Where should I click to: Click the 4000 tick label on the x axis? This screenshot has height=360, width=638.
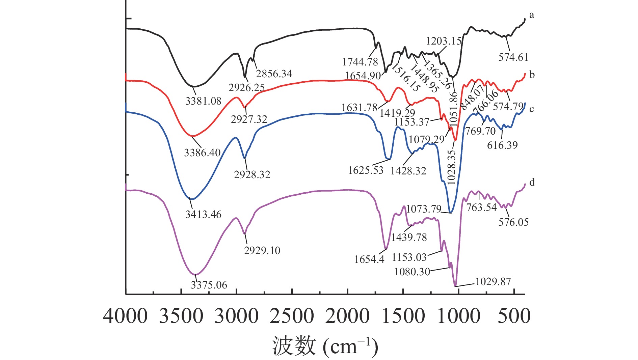tap(125, 316)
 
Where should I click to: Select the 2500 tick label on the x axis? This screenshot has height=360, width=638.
tap(292, 316)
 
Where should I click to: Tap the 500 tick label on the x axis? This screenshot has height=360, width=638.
tap(514, 316)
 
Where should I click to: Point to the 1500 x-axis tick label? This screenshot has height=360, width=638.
tap(403, 316)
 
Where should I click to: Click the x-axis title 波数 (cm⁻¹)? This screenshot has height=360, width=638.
tap(325, 346)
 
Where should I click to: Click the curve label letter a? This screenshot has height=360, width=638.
tap(532, 15)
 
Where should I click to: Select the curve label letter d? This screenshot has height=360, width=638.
tap(532, 183)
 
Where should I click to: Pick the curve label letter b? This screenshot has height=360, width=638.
tap(532, 75)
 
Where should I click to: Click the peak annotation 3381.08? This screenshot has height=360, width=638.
tap(203, 101)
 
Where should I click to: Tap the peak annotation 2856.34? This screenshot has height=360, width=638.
tap(274, 74)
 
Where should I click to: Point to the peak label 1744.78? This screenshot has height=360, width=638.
tap(360, 62)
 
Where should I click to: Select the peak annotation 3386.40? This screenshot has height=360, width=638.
tap(202, 153)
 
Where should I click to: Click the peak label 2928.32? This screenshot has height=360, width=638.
tap(252, 174)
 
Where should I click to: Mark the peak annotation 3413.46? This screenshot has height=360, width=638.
tap(203, 214)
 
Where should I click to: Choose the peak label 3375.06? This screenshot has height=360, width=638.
tap(209, 285)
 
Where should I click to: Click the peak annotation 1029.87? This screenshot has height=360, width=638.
tap(493, 281)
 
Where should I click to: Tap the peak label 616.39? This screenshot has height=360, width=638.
tap(502, 145)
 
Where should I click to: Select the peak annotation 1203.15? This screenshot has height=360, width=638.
tap(444, 41)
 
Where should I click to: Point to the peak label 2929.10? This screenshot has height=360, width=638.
tap(262, 250)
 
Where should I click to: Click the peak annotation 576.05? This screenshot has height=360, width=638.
tap(513, 222)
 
